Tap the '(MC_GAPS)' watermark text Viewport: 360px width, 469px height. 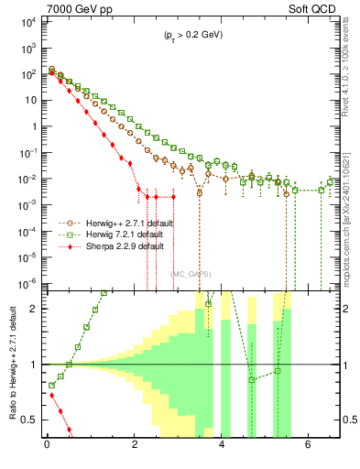(x=190, y=272)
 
